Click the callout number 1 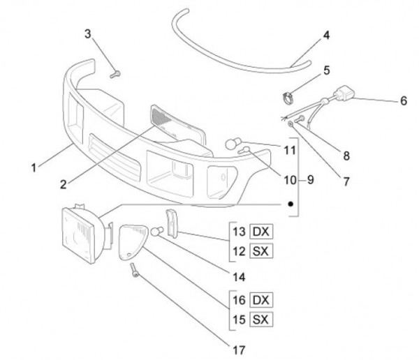[x=33, y=167]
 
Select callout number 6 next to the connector [x=403, y=100]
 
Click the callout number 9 [x=310, y=180]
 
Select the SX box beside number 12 [x=260, y=249]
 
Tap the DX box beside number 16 [x=260, y=301]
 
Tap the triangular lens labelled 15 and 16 [x=133, y=241]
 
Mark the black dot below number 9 [x=288, y=204]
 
